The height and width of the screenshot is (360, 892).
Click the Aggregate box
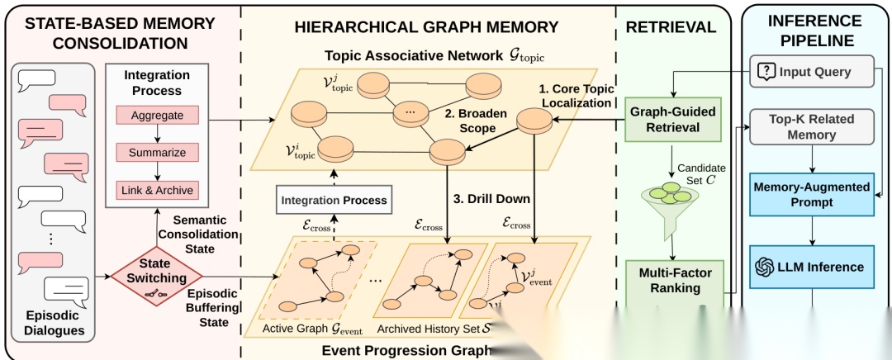coord(157,116)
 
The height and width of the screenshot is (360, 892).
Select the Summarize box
coord(157,153)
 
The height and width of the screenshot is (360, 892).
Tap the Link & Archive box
coord(157,190)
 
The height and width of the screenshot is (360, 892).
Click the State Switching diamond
coord(157,270)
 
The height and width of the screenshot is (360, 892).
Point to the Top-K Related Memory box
coord(811,126)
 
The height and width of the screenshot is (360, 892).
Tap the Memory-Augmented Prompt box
coord(811,194)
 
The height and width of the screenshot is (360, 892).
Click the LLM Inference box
coord(811,267)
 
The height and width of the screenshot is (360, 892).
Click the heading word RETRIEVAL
coord(671,27)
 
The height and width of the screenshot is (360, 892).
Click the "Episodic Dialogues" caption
coord(54,323)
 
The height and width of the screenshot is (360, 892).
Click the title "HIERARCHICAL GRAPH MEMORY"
coord(426,27)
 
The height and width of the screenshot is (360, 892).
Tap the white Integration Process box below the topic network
coord(334,201)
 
